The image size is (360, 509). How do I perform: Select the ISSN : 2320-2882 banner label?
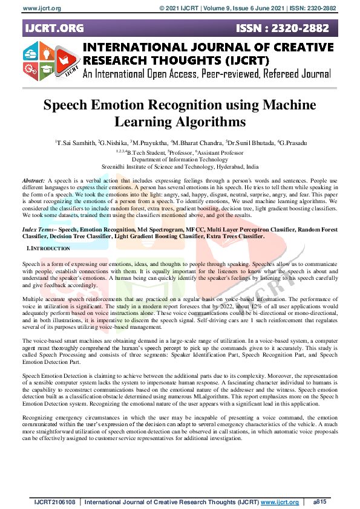285,28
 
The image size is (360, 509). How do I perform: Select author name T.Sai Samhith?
76,143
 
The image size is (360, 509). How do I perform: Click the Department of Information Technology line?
180,159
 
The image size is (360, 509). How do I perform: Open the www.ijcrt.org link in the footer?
280,502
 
